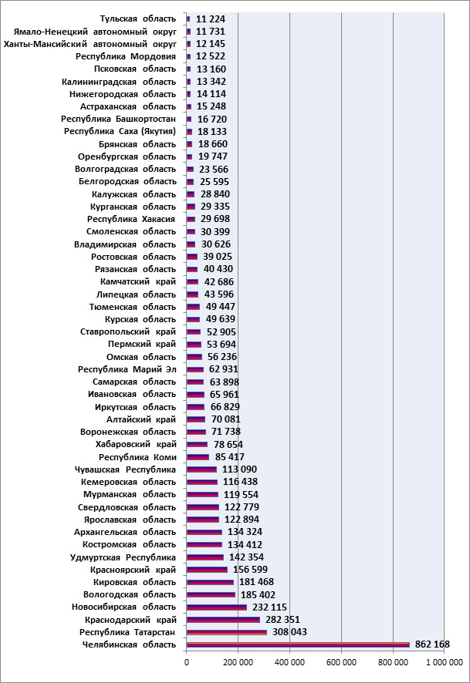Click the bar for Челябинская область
[x=298, y=644]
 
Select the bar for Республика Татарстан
[x=227, y=632]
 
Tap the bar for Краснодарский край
[x=223, y=620]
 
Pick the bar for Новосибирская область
[x=217, y=607]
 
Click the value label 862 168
[x=432, y=644]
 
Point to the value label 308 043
[x=289, y=631]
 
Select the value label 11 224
[x=211, y=19]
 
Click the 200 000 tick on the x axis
[x=238, y=662]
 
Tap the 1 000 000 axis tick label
[x=445, y=662]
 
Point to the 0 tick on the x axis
[x=187, y=662]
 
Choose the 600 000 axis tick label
[x=341, y=662]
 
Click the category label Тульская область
[x=138, y=19]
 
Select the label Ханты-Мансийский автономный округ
[x=90, y=44]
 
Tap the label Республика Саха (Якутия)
[x=120, y=131]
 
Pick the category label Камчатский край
[x=138, y=281]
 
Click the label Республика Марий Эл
[x=127, y=369]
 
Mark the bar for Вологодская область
[x=211, y=594]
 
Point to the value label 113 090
[x=239, y=469]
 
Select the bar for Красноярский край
[x=207, y=570]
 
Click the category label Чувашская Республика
[x=125, y=469]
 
